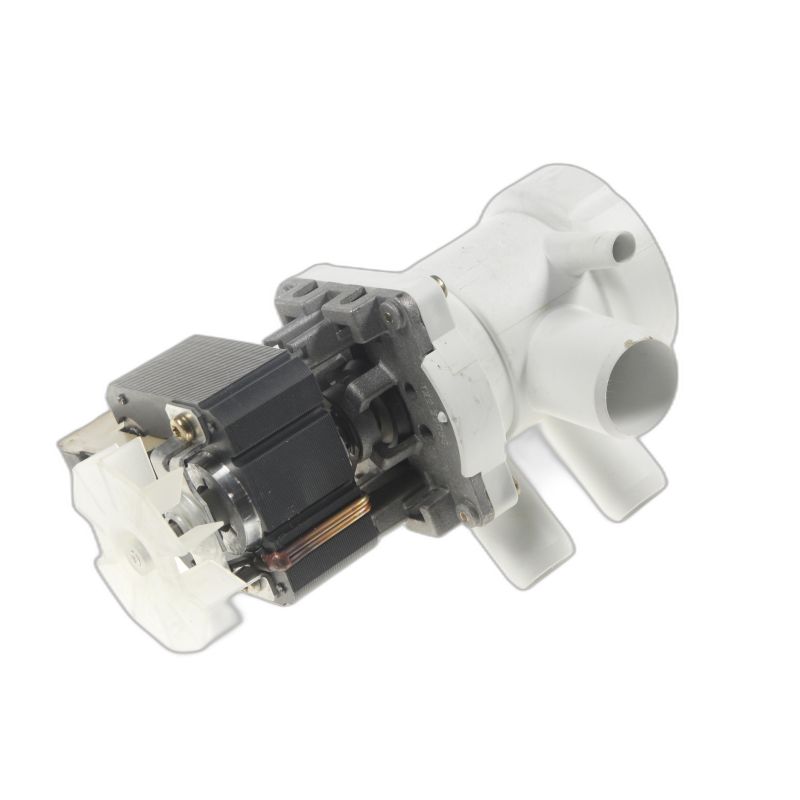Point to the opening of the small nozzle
click(626, 241)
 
